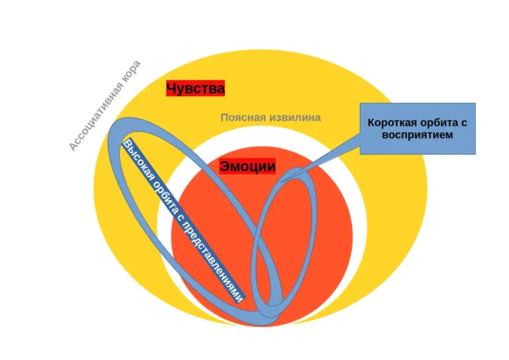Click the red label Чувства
pos(196,88)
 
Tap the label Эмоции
pos(247,167)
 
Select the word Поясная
pos(244,117)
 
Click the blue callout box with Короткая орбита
pos(418,129)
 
